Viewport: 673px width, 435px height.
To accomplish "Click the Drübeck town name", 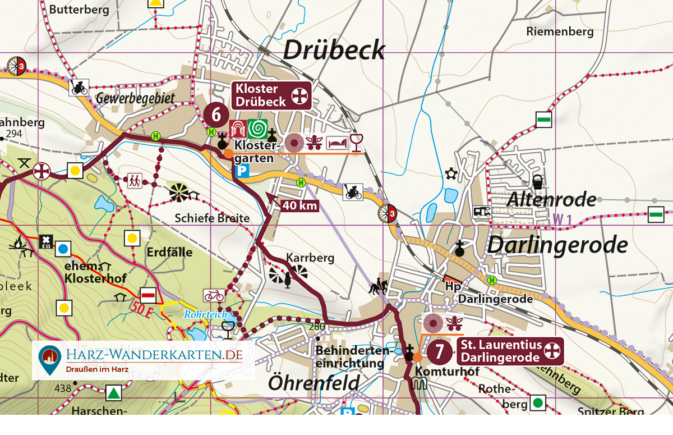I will coord(334,50).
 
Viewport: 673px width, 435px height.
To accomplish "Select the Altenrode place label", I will coord(551,199).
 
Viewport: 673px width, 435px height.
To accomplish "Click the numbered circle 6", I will coord(216,114).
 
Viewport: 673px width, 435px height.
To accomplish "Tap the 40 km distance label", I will coord(299,206).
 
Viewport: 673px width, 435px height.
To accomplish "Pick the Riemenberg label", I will coord(560,31).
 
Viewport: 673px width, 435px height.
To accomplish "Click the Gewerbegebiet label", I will coord(135,98).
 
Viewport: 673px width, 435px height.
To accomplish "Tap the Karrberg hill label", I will coord(310,258).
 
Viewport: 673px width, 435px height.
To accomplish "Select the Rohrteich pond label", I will coord(206,315).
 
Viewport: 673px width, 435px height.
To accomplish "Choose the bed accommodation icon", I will coord(337,143).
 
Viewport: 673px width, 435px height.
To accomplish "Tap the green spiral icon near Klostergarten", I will coord(257,129).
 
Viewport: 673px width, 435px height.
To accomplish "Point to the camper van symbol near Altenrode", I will coord(482,212).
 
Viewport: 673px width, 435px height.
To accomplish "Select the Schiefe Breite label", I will coord(212,218).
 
